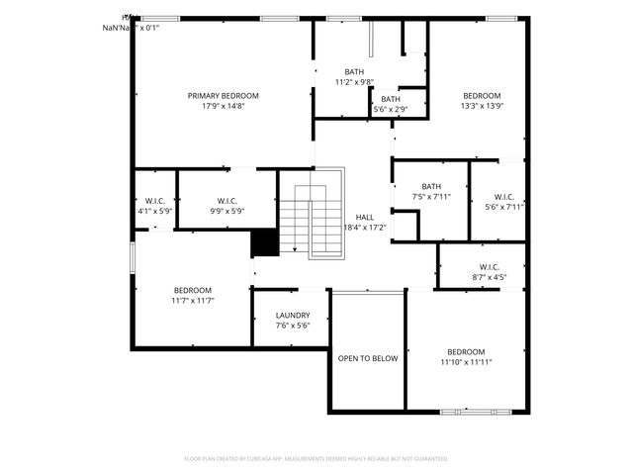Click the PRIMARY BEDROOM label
(224, 96)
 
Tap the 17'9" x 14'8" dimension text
(224, 106)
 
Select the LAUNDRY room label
(293, 316)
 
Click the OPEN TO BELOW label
(368, 358)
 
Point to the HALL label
(365, 217)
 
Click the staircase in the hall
(310, 223)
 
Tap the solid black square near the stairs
(264, 243)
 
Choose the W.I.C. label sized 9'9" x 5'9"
(226, 201)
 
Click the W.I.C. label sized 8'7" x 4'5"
(488, 267)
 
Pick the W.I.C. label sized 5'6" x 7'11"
(504, 196)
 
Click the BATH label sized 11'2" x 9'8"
(354, 72)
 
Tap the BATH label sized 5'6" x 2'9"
(391, 99)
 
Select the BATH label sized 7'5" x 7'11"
(431, 186)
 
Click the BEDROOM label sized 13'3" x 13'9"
(483, 96)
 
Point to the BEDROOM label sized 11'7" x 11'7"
(192, 290)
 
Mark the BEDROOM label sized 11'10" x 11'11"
(466, 352)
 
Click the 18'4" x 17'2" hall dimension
(364, 228)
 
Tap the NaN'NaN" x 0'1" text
(131, 28)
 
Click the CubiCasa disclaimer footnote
(316, 459)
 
